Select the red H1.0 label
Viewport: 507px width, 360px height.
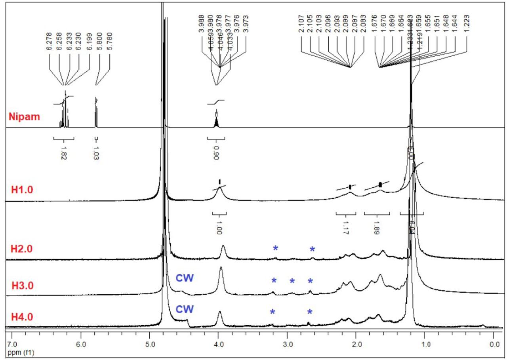[22, 190]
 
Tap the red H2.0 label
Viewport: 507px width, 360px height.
[22, 250]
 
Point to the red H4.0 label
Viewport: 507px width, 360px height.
[22, 317]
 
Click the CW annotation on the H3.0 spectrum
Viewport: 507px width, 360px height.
[185, 278]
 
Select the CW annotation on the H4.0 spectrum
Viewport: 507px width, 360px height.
[185, 309]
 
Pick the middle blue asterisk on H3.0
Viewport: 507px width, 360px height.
[292, 282]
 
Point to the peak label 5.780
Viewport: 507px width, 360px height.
[109, 41]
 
